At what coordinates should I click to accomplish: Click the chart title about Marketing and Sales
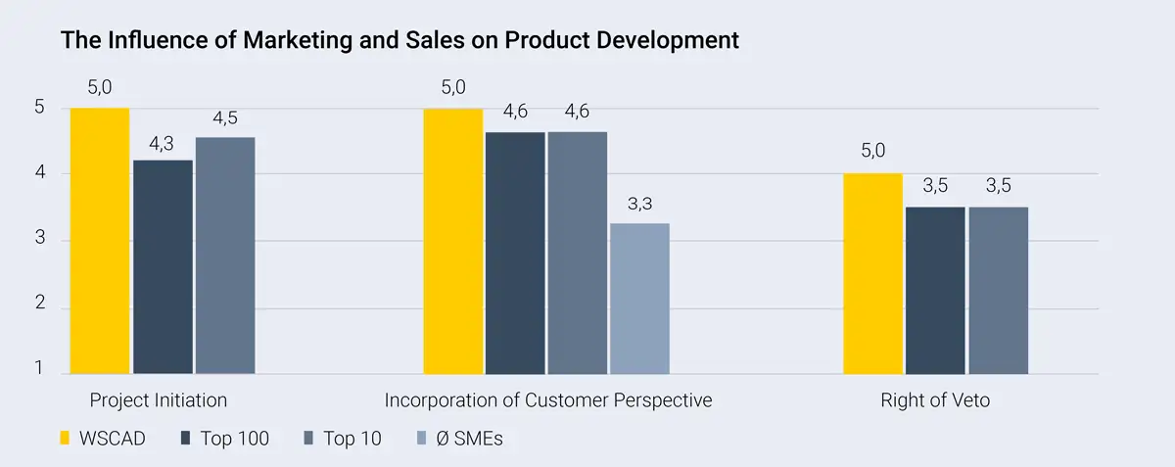pos(399,40)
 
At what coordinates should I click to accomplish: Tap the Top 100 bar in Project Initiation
pos(163,266)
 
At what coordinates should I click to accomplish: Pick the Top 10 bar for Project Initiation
pos(225,256)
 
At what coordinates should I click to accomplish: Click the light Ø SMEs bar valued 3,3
pos(639,299)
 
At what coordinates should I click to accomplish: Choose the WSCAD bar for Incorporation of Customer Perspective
pos(452,241)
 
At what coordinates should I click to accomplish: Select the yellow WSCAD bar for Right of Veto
pos(872,273)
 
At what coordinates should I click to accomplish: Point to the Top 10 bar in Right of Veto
pos(998,290)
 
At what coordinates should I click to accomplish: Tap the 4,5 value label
pos(225,119)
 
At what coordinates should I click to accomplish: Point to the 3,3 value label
pos(639,205)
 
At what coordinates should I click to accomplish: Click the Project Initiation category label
pos(159,400)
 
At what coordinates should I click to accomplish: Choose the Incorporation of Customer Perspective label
pos(547,400)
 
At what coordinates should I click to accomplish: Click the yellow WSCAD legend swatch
pos(67,438)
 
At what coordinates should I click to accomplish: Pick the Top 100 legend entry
pos(225,438)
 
